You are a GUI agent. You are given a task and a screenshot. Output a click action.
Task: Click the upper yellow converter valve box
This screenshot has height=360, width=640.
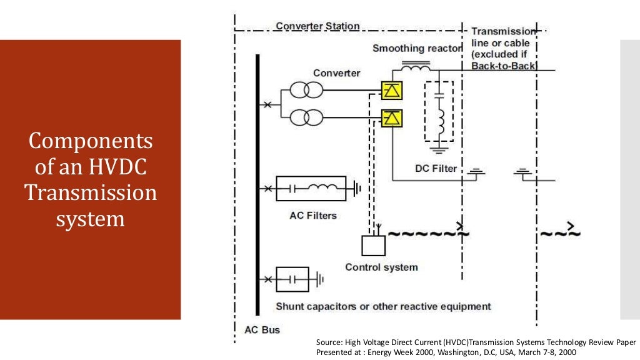[x=392, y=90]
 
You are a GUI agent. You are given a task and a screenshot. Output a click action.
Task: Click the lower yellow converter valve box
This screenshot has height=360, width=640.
[x=392, y=117]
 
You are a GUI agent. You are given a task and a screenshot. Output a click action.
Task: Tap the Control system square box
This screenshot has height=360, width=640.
[x=374, y=245]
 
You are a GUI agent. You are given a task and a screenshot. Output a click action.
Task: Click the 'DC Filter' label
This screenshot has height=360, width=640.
[x=436, y=169]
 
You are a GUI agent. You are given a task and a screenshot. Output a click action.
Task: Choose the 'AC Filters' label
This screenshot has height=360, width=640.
[x=313, y=216]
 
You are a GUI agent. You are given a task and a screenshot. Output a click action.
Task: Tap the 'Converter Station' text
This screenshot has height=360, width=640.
[x=317, y=26]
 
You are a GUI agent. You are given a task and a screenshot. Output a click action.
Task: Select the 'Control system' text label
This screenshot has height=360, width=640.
[x=381, y=267]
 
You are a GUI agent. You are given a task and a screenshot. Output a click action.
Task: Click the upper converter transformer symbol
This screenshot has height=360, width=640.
[x=306, y=90]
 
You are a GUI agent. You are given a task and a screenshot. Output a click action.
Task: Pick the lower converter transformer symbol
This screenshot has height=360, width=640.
[x=306, y=117]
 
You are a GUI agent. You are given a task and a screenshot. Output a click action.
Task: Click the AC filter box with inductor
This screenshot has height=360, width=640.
[x=311, y=188]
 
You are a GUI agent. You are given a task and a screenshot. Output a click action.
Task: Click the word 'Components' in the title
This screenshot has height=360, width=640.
[x=91, y=141]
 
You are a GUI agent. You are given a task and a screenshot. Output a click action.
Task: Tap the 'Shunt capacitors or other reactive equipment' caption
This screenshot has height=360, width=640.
[x=383, y=307]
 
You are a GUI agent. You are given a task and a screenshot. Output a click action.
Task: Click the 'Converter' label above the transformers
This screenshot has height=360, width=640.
[x=336, y=73]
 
